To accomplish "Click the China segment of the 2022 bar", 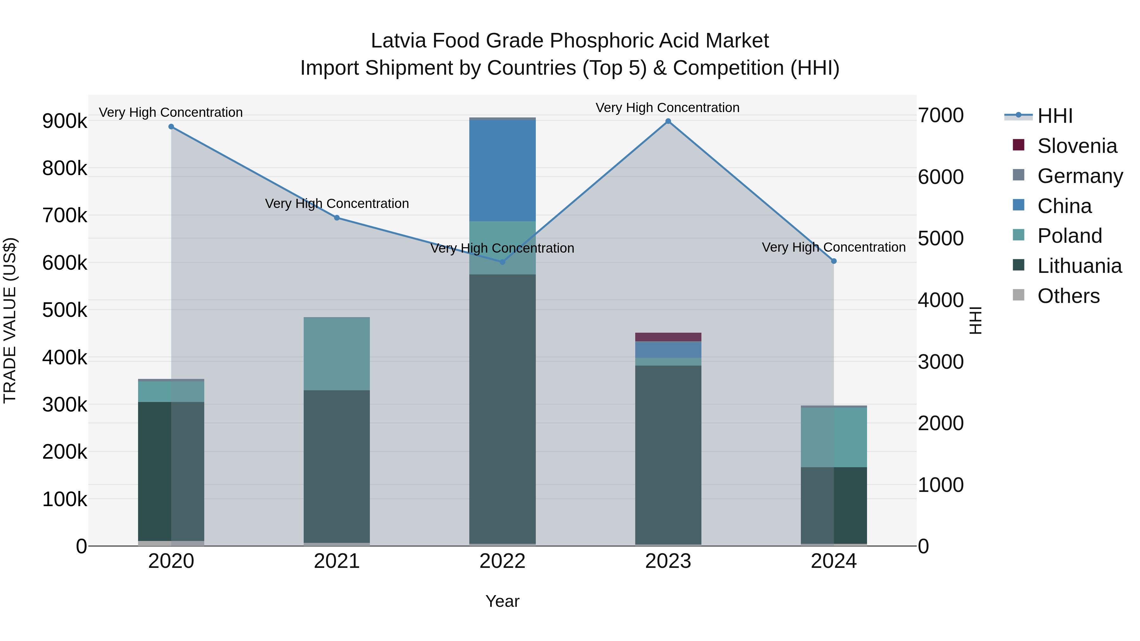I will (502, 170).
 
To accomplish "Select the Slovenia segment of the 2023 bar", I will (668, 337).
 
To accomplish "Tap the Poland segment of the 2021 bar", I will (337, 354).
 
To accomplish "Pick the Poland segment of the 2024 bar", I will (834, 437).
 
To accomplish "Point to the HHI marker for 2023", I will (668, 121).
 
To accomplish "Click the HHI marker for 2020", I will (171, 127).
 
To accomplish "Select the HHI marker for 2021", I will (337, 218).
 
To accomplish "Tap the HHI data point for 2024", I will (834, 261).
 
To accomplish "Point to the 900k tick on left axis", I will (65, 121).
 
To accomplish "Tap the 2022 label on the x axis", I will (502, 561).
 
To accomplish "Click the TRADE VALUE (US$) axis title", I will (10, 320).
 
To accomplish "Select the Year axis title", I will (502, 601).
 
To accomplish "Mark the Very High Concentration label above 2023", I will (667, 108).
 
